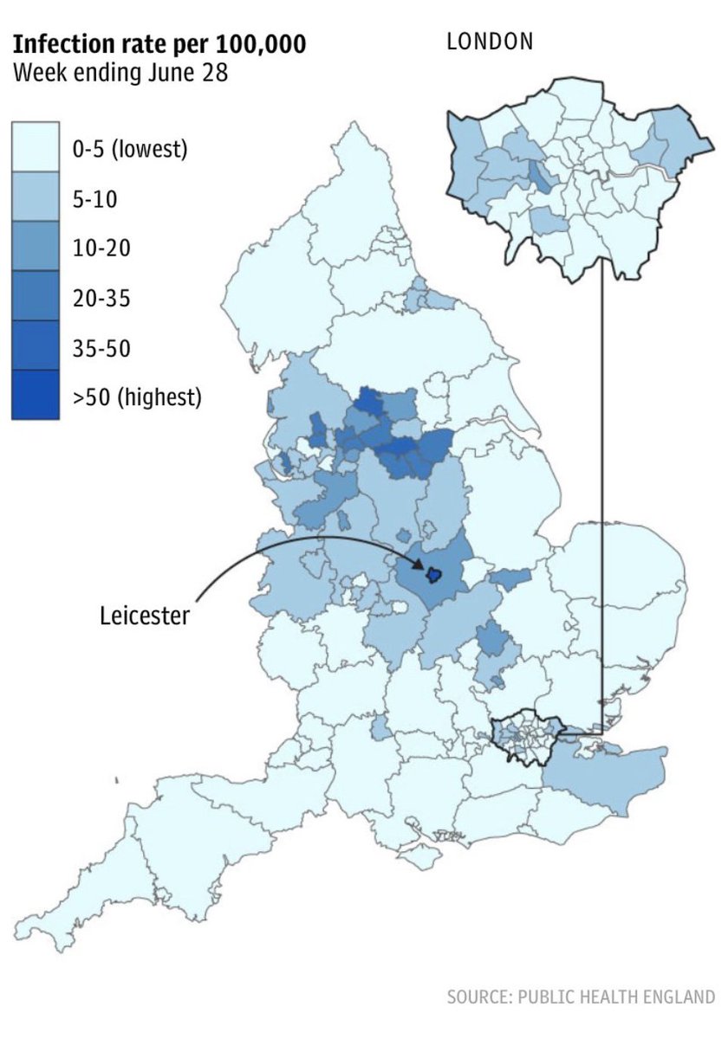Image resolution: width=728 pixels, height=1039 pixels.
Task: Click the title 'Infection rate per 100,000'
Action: pyautogui.click(x=159, y=44)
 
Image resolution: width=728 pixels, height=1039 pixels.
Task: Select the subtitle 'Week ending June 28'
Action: pyautogui.click(x=120, y=73)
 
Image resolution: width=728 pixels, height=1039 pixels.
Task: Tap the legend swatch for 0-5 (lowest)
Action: pyautogui.click(x=36, y=147)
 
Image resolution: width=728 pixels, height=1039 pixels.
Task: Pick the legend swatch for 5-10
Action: pyautogui.click(x=36, y=197)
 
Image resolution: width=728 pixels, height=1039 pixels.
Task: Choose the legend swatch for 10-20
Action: pyautogui.click(x=36, y=247)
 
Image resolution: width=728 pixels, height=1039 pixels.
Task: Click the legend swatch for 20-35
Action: pyautogui.click(x=36, y=296)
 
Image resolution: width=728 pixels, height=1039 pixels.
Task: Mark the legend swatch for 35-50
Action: pyautogui.click(x=36, y=346)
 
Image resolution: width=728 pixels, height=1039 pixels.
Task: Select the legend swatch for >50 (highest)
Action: pyautogui.click(x=36, y=396)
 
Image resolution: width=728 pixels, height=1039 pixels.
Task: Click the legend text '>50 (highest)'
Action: pyautogui.click(x=137, y=397)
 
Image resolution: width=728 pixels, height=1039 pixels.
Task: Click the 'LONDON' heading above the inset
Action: pyautogui.click(x=490, y=41)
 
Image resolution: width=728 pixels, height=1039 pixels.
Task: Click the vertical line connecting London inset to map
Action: pyautogui.click(x=601, y=502)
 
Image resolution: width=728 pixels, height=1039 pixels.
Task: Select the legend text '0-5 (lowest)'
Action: pyautogui.click(x=130, y=148)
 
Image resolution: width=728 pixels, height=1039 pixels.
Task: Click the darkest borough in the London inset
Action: pyautogui.click(x=543, y=176)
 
